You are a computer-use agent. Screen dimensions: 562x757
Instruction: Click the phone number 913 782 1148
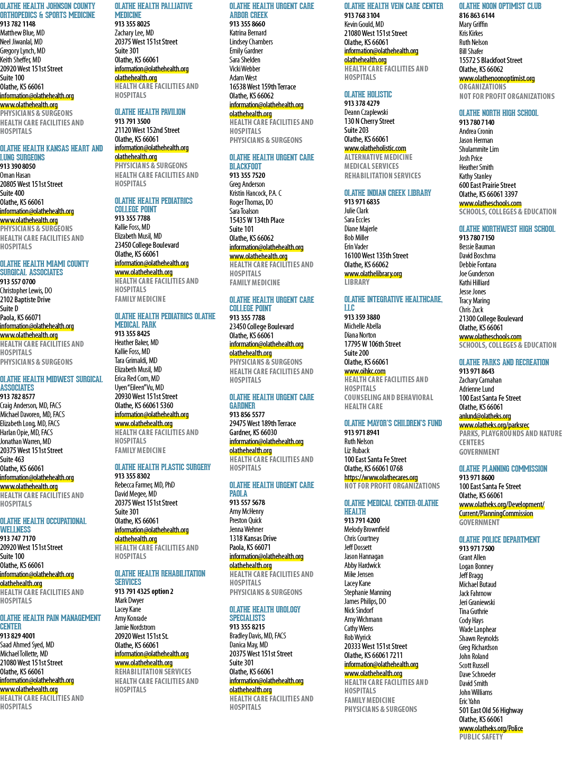tap(18, 24)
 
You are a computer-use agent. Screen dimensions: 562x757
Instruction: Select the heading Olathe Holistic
tap(368, 94)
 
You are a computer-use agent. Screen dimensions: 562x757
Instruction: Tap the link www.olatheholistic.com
tap(375, 148)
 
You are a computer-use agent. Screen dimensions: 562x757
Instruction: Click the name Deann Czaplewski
tap(366, 112)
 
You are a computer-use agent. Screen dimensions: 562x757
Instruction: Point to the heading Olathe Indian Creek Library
tap(388, 193)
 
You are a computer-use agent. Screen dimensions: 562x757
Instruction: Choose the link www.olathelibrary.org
tap(373, 274)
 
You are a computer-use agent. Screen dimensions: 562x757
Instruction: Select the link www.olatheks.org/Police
tap(491, 728)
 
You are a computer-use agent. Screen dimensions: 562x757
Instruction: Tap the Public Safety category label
tap(481, 736)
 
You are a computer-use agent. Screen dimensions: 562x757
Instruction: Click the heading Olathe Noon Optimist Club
tap(500, 6)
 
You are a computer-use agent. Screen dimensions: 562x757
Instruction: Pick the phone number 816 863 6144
tap(476, 15)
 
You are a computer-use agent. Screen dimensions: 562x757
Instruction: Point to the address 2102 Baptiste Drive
tap(25, 299)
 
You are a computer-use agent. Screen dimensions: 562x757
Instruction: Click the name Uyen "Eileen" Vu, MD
tap(139, 387)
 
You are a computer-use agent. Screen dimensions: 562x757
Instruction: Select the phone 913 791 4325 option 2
tap(144, 591)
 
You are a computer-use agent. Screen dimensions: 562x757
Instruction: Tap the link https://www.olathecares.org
tap(381, 477)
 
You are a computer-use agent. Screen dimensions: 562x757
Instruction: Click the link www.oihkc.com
tap(365, 371)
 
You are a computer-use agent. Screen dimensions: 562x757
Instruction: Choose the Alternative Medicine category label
tap(378, 157)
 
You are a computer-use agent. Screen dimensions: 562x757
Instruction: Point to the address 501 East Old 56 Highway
tap(491, 710)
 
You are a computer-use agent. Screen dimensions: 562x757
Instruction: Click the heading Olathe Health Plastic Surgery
tap(163, 467)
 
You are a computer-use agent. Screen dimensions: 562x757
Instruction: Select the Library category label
tap(357, 282)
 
